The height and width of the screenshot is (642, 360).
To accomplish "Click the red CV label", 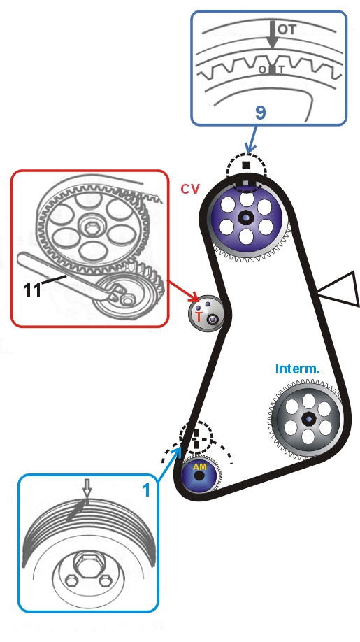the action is (x=190, y=189).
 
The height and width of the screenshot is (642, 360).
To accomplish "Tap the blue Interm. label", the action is (x=297, y=369).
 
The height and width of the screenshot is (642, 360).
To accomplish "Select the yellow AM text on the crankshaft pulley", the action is (x=200, y=467).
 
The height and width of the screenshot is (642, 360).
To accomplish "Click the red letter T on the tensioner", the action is (x=199, y=316).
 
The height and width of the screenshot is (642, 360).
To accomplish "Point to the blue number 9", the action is (x=261, y=113).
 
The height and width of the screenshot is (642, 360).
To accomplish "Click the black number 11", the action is (x=32, y=290).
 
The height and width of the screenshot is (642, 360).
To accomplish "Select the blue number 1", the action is (x=147, y=490).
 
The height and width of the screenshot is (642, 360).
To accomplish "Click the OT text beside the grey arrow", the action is (x=287, y=29).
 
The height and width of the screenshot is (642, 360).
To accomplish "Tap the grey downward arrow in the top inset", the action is (x=273, y=35).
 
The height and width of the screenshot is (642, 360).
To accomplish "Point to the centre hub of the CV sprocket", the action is (x=246, y=217).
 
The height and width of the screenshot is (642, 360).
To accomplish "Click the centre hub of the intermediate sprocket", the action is (x=308, y=419).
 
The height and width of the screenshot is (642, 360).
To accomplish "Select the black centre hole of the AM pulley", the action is (x=199, y=476).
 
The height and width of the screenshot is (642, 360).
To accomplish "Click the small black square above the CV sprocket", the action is (x=246, y=165).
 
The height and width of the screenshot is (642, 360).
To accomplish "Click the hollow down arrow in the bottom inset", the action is (x=86, y=490).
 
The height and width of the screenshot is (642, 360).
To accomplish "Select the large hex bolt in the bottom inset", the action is (x=86, y=566).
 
